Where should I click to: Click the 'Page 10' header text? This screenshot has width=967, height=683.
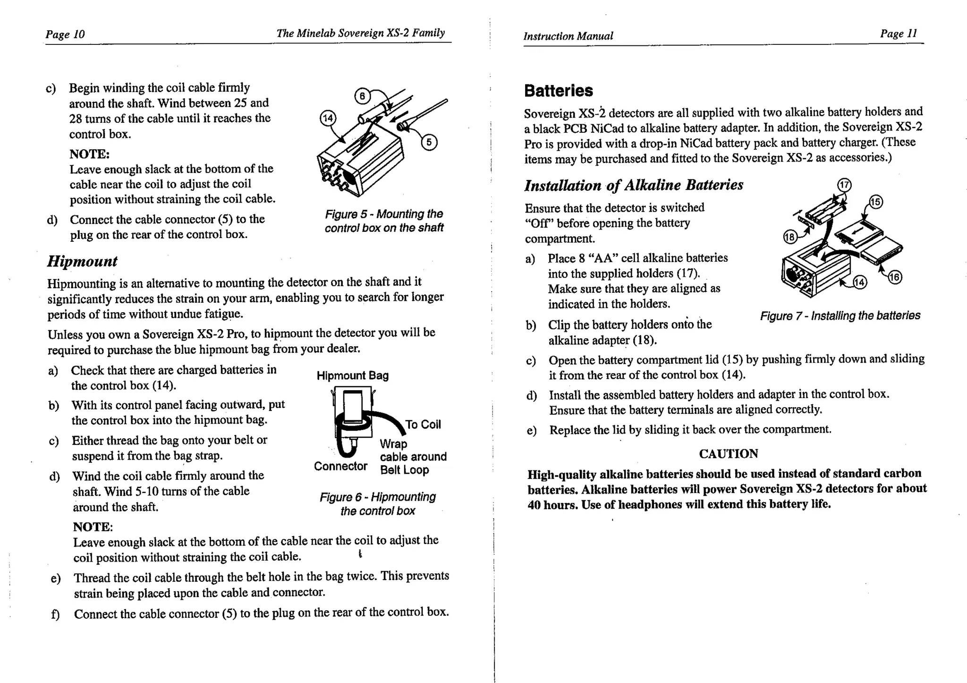[65, 34]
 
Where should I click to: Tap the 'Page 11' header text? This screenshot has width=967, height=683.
[898, 34]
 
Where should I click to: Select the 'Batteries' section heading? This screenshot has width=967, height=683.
[558, 91]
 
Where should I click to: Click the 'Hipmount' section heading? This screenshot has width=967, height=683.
[82, 261]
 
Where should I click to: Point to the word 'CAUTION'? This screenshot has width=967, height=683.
[728, 454]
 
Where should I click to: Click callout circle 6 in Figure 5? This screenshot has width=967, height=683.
[362, 96]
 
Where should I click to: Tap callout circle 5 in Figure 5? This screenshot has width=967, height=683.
[429, 142]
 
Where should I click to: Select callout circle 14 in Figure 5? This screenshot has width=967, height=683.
[328, 118]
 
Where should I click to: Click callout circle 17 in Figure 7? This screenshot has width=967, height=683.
[844, 185]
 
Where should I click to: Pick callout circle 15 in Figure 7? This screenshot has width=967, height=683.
[875, 202]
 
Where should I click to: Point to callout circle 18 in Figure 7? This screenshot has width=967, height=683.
[789, 237]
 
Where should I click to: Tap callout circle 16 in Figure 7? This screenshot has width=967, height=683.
[895, 277]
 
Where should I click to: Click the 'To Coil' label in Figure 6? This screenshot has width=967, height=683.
[423, 425]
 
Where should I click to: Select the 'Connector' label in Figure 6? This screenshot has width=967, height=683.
[340, 467]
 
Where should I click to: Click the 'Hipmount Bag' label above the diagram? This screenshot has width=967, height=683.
[352, 376]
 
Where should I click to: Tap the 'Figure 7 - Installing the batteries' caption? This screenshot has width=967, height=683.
[840, 316]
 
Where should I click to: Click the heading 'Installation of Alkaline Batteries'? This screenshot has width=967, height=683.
[634, 185]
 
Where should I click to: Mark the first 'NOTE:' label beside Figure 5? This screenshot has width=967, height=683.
[89, 154]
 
